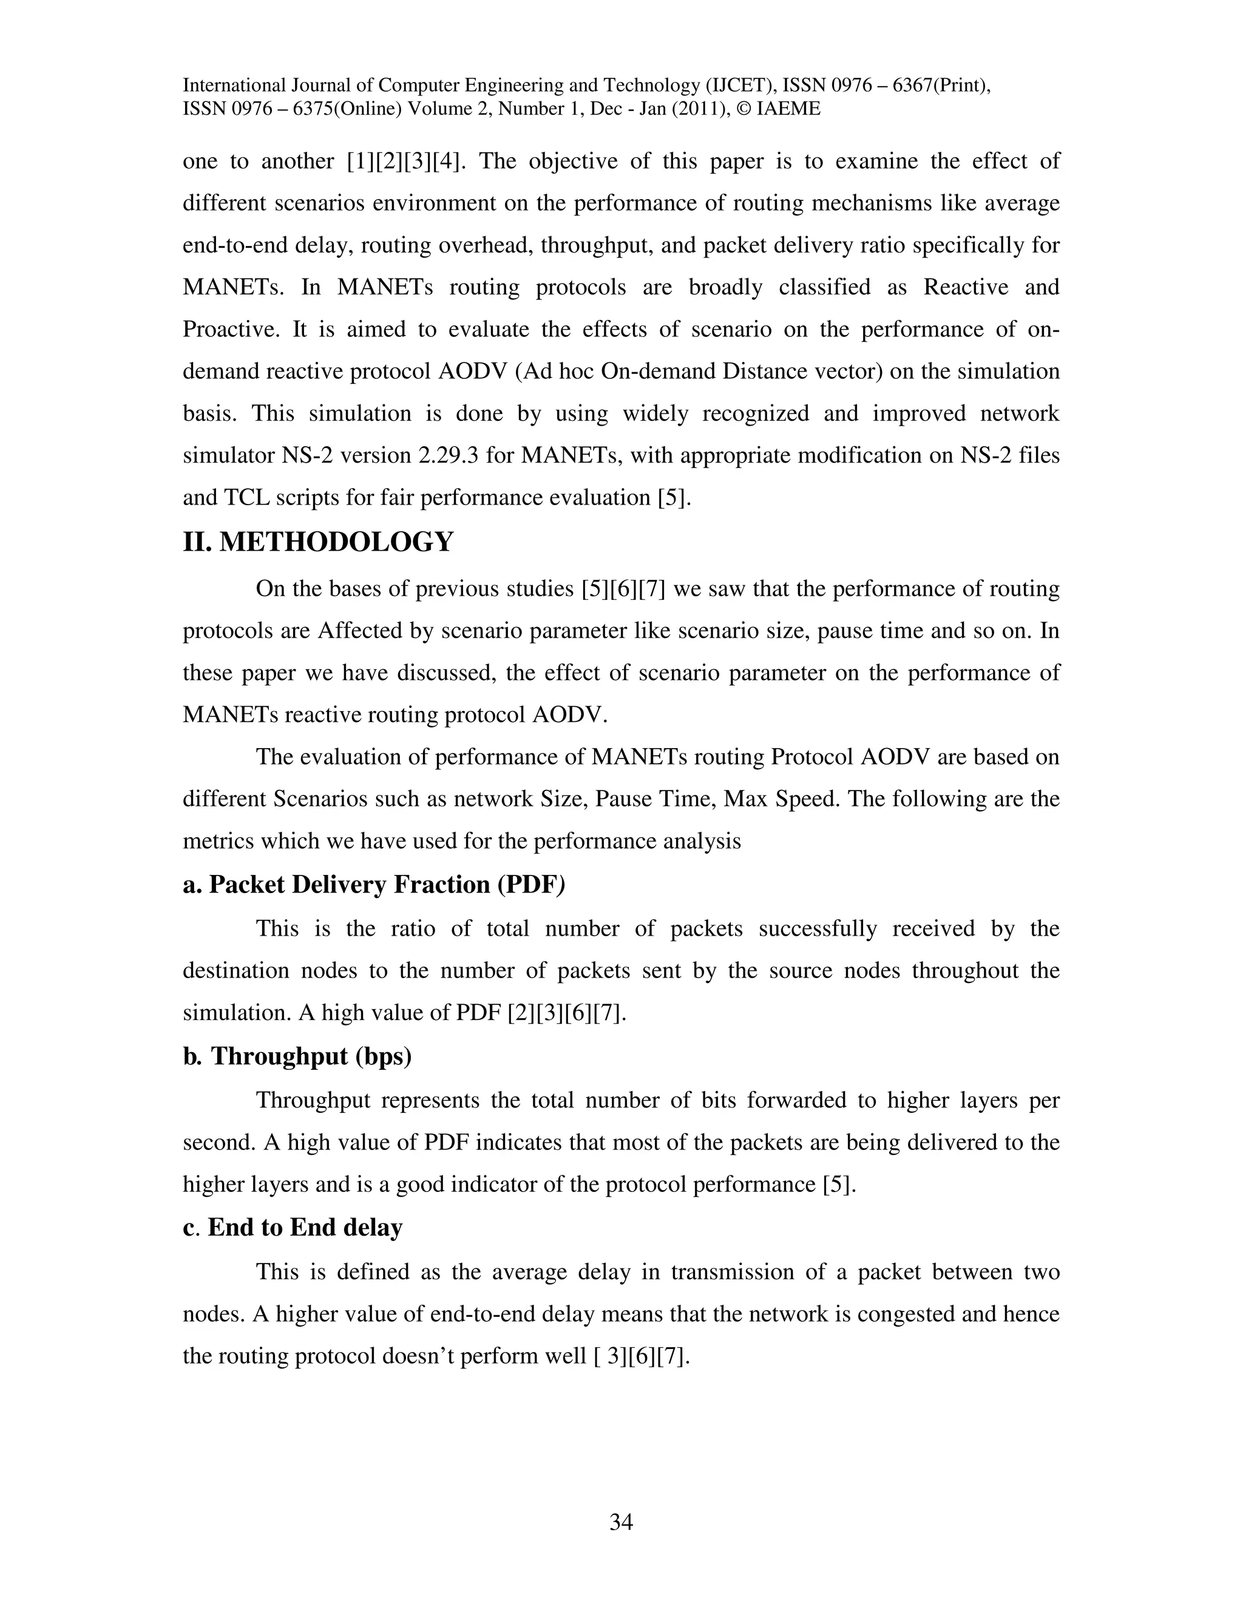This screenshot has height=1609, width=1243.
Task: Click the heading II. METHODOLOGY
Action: [x=318, y=542]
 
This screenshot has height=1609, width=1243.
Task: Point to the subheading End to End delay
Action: [x=305, y=1227]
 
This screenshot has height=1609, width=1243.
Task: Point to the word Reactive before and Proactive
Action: [x=966, y=287]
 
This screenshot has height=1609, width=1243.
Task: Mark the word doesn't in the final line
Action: [x=426, y=1356]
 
